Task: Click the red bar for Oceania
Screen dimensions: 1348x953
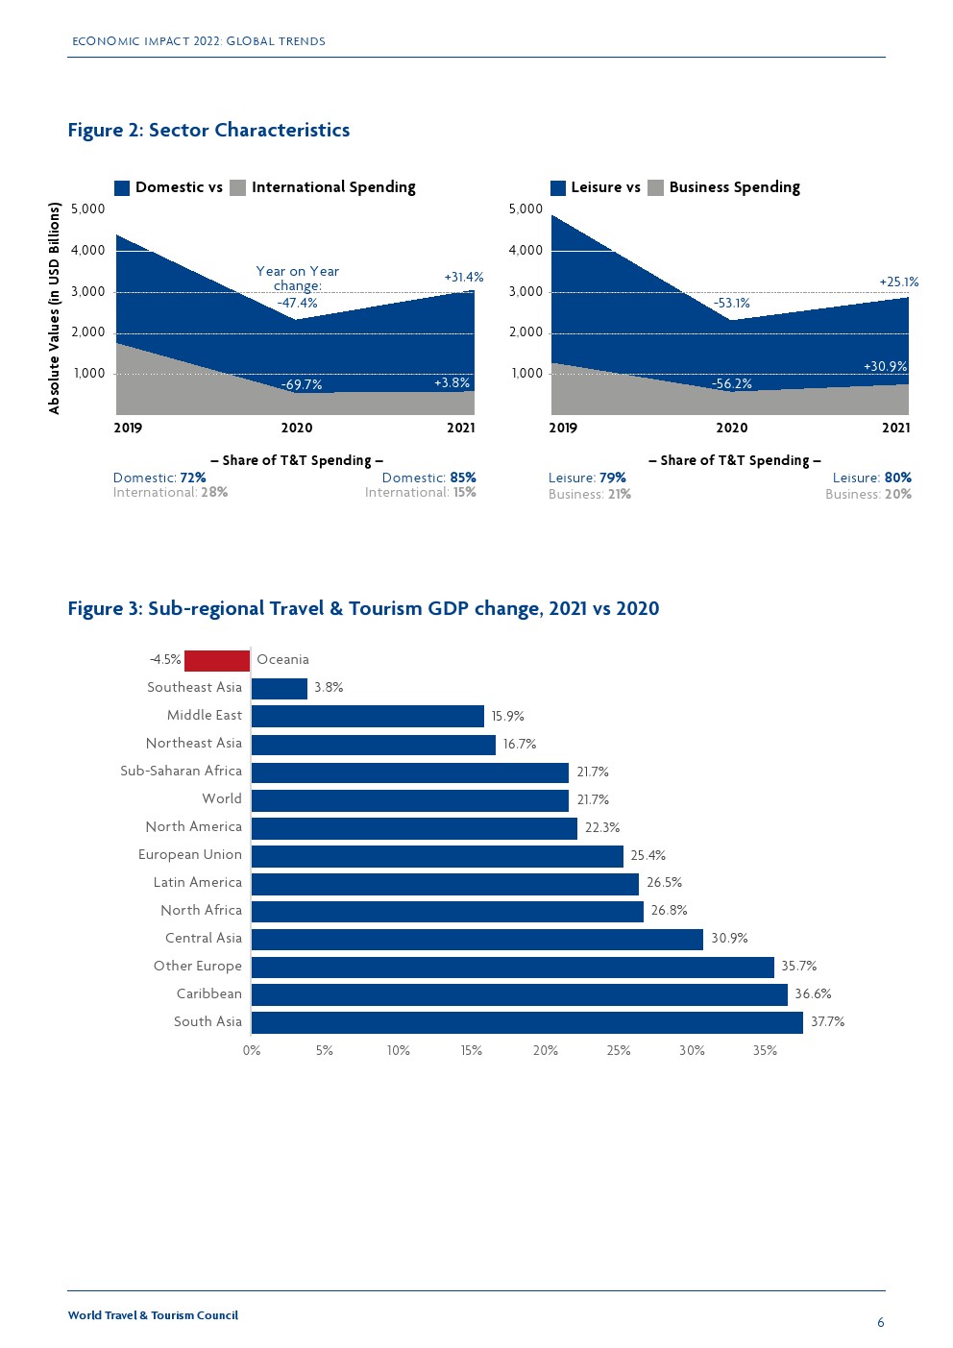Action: point(217,660)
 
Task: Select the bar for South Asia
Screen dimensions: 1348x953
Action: point(526,1022)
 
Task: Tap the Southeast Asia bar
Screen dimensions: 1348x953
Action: point(280,688)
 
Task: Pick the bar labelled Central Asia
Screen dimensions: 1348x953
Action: point(477,939)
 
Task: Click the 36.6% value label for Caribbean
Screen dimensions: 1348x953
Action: point(813,994)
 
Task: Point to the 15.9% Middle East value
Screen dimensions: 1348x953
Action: point(507,716)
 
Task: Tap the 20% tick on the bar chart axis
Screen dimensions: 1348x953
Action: point(546,1051)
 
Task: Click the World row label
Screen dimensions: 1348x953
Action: point(222,798)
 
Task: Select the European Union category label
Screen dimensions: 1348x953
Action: point(190,854)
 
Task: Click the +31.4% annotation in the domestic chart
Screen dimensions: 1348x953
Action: point(464,278)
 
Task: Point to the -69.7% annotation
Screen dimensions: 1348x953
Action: point(302,385)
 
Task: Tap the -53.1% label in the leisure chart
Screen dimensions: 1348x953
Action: point(732,304)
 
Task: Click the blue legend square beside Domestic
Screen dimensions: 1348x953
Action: point(122,188)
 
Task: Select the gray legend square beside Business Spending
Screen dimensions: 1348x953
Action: point(656,188)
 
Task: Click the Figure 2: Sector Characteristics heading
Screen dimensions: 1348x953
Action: point(208,131)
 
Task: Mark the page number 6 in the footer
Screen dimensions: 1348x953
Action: point(881,1323)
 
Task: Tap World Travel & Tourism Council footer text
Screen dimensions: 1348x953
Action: point(153,1315)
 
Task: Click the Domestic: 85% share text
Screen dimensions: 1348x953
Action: point(428,478)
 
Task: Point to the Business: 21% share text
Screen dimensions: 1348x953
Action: point(590,494)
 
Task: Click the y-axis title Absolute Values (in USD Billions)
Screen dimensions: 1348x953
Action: point(55,308)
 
